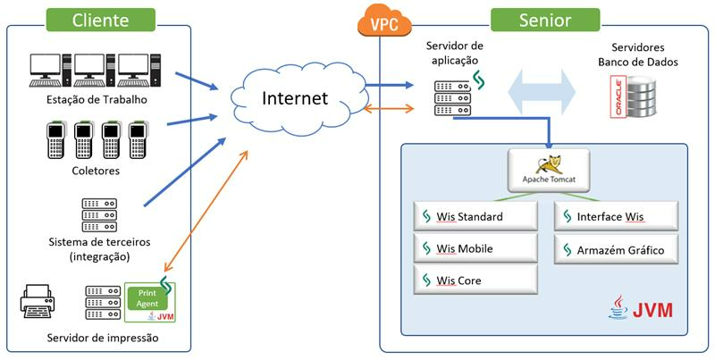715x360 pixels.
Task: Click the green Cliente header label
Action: coord(100,20)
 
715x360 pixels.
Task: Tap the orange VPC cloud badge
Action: coord(378,21)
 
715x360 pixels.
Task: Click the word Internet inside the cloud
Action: coord(295,97)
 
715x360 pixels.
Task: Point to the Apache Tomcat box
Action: coord(547,168)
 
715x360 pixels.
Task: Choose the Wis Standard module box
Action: coord(475,217)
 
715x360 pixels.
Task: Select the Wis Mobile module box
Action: coord(475,248)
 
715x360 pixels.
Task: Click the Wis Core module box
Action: coord(475,280)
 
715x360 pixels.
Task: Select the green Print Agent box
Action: coord(149,303)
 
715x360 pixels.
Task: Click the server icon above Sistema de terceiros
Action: coord(99,215)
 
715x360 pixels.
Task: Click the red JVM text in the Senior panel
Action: coord(653,311)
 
